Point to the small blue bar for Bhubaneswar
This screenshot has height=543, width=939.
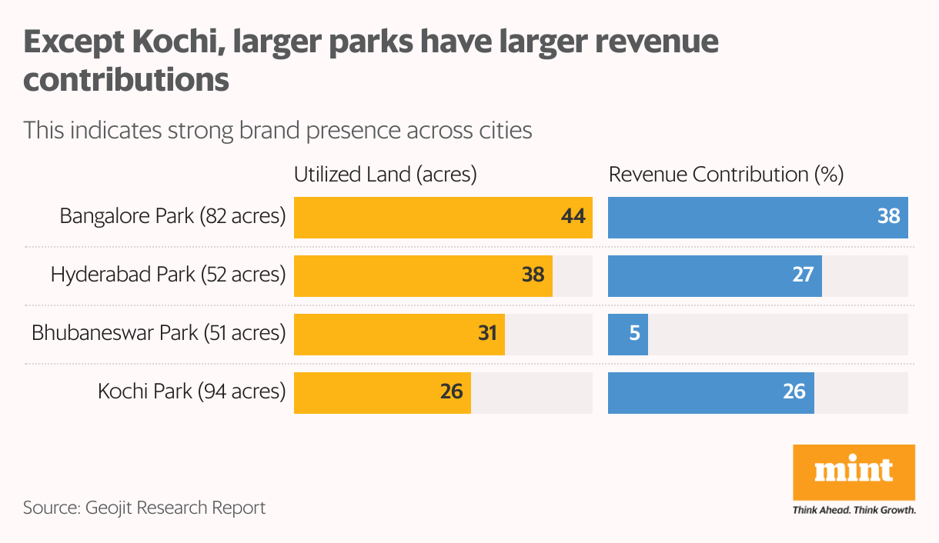pyautogui.click(x=627, y=334)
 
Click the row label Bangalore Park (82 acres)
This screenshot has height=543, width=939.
pyautogui.click(x=172, y=217)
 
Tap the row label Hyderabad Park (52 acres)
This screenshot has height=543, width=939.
pyautogui.click(x=168, y=275)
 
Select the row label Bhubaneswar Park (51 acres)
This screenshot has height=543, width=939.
pyautogui.click(x=159, y=334)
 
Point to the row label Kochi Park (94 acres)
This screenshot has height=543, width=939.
pyautogui.click(x=192, y=392)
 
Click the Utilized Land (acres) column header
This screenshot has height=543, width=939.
pyautogui.click(x=386, y=175)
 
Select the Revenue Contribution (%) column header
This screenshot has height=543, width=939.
pyautogui.click(x=726, y=175)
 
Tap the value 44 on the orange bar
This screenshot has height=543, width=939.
pyautogui.click(x=573, y=217)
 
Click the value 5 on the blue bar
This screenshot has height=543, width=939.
pyautogui.click(x=635, y=334)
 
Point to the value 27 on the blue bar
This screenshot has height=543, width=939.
pyautogui.click(x=803, y=275)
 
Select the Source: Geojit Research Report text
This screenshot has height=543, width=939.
pyautogui.click(x=144, y=508)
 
